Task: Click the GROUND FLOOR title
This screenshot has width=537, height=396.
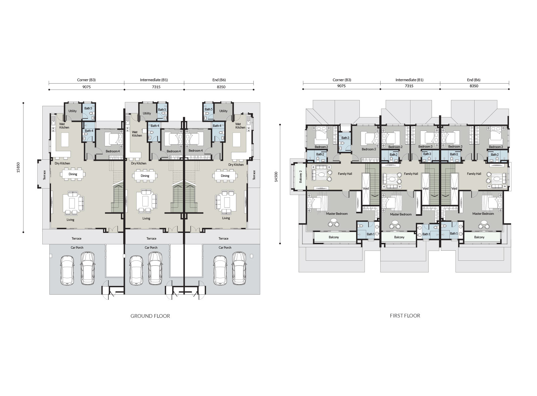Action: pos(150,316)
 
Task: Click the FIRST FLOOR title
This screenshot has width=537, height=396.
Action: pos(405,316)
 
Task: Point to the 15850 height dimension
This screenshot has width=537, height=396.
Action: pos(18,167)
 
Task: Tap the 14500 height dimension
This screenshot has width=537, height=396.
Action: pos(276,177)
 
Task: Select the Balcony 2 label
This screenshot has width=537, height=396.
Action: pos(301,177)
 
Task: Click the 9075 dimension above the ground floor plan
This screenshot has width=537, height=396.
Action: pos(87,87)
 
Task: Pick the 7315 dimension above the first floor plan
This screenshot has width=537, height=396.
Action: pos(409,86)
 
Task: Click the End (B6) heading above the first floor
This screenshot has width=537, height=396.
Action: pos(474,80)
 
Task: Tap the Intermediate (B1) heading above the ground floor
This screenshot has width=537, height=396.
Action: pos(154,80)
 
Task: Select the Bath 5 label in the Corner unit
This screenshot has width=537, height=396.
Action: pos(88,108)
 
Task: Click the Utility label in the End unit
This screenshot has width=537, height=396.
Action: pos(223,111)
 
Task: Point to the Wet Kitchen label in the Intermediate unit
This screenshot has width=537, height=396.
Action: pos(137,134)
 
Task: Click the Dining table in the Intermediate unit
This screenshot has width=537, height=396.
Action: pos(145,176)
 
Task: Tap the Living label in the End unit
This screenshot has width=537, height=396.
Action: pos(226,218)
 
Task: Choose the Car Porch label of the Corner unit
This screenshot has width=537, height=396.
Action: pos(77,247)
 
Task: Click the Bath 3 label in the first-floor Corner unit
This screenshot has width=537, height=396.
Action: pos(345,138)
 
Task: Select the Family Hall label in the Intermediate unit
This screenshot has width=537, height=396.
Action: pos(411,174)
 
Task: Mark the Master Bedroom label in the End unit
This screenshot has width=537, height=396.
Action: pos(483,213)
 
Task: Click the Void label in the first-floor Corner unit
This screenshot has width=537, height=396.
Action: pos(365,188)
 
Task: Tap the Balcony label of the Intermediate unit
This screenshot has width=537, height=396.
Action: pos(399,237)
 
